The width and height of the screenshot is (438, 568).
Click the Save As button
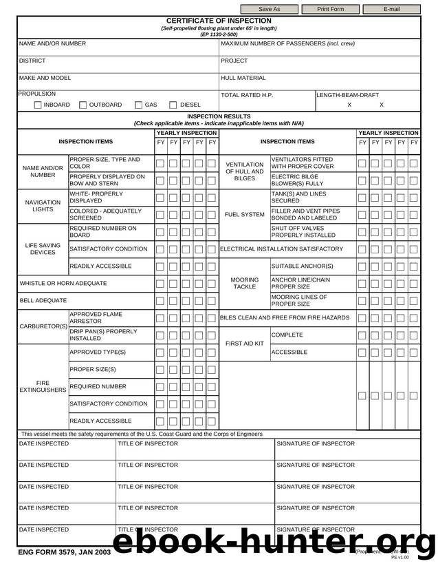(x=269, y=9)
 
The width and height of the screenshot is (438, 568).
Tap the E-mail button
(x=391, y=9)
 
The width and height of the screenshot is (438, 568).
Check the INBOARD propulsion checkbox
(x=39, y=105)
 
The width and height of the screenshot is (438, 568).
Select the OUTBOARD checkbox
(x=83, y=105)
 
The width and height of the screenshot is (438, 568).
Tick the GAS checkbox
(x=138, y=105)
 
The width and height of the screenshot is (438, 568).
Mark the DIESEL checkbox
(x=173, y=105)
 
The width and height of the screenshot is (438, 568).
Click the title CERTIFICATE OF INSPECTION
(x=219, y=21)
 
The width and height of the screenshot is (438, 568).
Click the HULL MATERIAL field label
(x=243, y=78)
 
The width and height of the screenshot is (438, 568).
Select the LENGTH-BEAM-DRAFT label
(x=347, y=94)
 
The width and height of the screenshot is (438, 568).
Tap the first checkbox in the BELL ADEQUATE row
(x=160, y=301)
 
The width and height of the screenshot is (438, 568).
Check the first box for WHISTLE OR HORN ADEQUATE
(x=160, y=284)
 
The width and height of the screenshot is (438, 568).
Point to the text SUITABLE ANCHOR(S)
(x=302, y=266)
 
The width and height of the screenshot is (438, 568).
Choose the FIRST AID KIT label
(x=244, y=343)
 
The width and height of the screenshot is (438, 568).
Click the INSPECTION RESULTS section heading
(x=219, y=116)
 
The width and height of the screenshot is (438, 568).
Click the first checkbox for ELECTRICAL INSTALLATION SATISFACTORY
(x=362, y=249)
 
